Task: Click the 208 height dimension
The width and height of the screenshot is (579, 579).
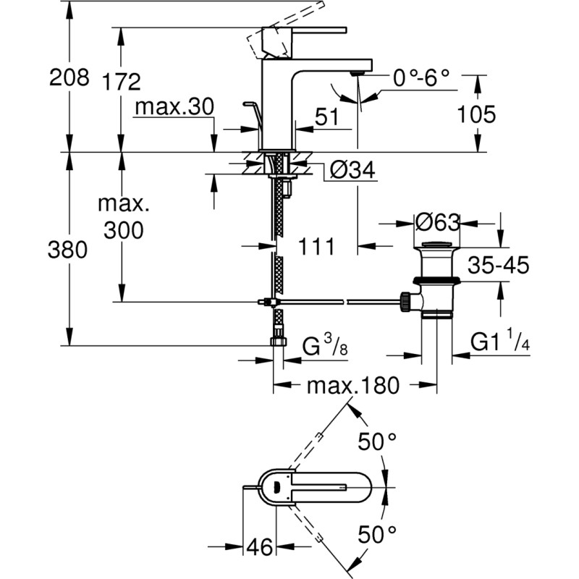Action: [69, 77]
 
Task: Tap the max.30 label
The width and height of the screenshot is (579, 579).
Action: [174, 108]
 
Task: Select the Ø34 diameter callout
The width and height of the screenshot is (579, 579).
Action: [351, 171]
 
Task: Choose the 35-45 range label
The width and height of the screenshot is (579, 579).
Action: [496, 266]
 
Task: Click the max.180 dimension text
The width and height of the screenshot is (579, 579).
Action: [352, 386]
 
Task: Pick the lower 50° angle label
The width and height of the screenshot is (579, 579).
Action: [379, 536]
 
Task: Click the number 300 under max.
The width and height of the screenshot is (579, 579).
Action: [123, 230]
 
